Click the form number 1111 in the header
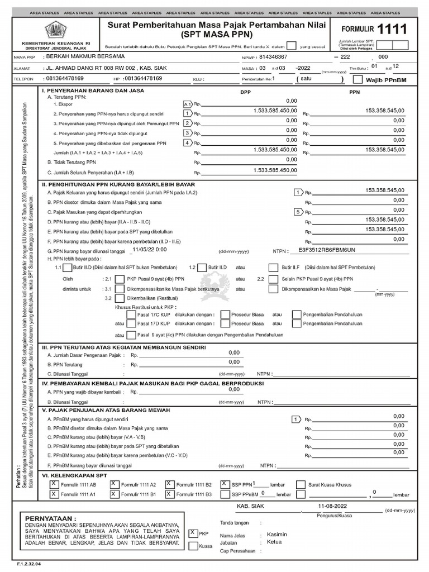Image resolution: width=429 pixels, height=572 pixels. click(x=393, y=29)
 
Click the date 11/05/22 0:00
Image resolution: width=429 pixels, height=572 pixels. click(x=150, y=250)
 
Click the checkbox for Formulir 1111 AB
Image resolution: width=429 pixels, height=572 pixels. click(x=54, y=484)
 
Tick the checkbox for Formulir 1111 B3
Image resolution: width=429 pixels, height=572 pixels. click(x=169, y=494)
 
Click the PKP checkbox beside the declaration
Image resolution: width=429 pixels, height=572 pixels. click(x=193, y=533)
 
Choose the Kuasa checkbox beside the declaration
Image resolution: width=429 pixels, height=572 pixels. click(x=193, y=546)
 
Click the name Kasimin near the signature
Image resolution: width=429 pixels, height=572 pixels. click(x=270, y=535)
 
